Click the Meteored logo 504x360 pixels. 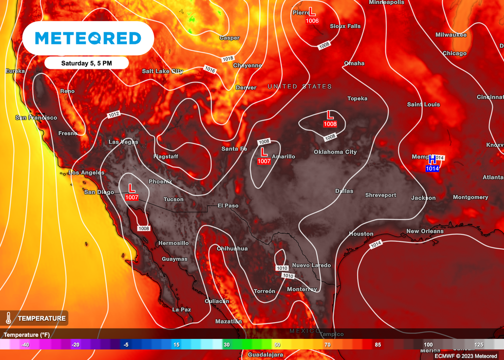[88, 38]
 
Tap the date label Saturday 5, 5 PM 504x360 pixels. [86, 63]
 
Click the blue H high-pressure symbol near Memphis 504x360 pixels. [432, 160]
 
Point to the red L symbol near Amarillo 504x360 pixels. [264, 151]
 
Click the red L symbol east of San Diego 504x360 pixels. [131, 188]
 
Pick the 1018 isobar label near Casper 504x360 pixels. [228, 59]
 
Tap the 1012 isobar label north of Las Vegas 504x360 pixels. [114, 114]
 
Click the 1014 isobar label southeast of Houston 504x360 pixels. [376, 244]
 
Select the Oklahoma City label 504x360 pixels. [335, 152]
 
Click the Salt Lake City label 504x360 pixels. [162, 71]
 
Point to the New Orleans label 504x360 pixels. [425, 231]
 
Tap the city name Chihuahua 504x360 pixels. [232, 248]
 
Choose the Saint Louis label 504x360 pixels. [423, 104]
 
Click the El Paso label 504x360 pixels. [228, 206]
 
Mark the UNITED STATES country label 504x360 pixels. [300, 87]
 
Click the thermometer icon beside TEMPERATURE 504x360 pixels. [8, 318]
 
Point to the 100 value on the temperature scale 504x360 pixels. [428, 345]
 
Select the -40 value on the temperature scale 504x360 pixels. [25, 345]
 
